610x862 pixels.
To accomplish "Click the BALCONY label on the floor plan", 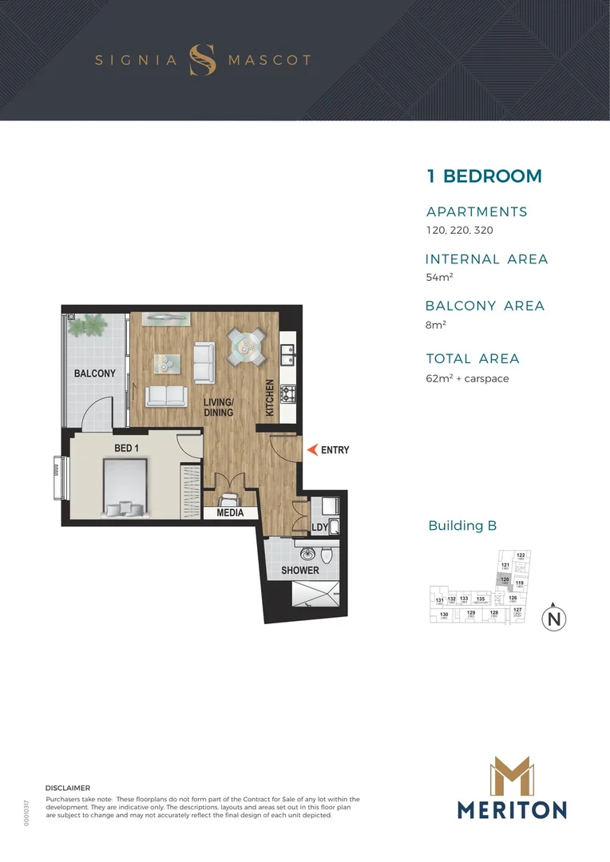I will click(95, 374).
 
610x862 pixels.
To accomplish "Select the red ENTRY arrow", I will click(311, 449).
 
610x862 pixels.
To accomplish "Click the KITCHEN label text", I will click(270, 397).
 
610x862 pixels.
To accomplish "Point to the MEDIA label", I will click(230, 513).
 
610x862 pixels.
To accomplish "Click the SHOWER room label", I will click(299, 571).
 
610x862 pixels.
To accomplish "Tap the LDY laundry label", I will click(320, 528).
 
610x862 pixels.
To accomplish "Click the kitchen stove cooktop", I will click(286, 393).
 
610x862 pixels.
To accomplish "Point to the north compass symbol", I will click(553, 619).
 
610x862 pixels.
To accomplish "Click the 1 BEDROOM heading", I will click(484, 176).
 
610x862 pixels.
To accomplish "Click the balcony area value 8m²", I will click(435, 325).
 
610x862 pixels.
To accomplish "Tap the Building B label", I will click(462, 525).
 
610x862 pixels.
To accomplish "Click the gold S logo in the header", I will click(203, 60).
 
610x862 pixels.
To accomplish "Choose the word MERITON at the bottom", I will click(512, 810).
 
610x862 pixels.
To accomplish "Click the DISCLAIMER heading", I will click(69, 788).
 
